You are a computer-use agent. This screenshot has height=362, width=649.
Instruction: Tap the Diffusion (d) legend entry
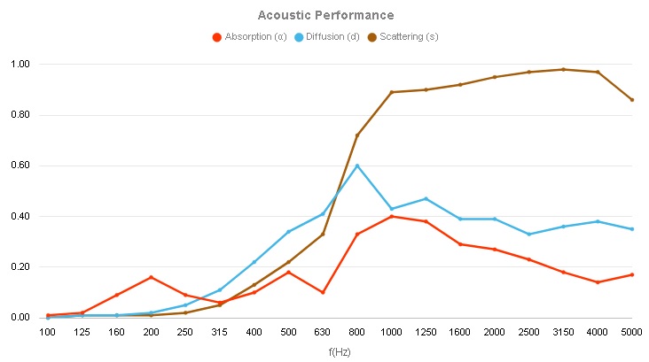[332, 37]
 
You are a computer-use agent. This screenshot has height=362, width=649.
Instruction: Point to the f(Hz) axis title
[340, 350]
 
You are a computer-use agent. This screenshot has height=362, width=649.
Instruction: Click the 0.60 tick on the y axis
[20, 166]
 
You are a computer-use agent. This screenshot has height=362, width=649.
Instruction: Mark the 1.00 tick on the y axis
[20, 65]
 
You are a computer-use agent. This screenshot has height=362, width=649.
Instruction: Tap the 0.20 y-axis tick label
[20, 267]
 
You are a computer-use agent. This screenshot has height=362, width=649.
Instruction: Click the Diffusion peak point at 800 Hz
[357, 166]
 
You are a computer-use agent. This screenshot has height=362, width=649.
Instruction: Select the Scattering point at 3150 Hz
[563, 69]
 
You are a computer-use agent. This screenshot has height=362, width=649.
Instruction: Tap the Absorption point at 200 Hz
[151, 277]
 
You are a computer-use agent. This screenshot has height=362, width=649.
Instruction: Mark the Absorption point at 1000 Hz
[392, 216]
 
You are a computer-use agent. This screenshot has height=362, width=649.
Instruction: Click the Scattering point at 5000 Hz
[632, 100]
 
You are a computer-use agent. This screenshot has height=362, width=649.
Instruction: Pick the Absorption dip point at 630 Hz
[323, 292]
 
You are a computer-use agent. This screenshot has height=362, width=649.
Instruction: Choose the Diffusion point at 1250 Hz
[426, 198]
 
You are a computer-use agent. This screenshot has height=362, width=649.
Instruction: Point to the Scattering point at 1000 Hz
[392, 92]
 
